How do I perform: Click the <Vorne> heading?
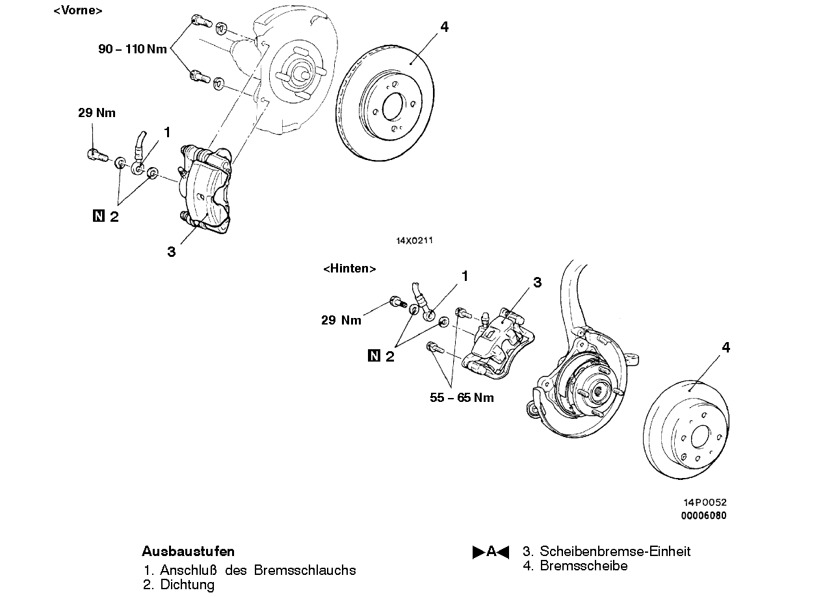(x=77, y=10)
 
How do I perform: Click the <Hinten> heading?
(x=350, y=269)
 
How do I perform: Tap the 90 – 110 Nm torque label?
(x=133, y=49)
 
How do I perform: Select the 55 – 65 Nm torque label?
(x=462, y=397)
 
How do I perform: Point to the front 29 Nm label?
(x=97, y=113)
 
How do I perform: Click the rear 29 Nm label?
(x=341, y=320)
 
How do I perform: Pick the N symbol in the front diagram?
(x=98, y=216)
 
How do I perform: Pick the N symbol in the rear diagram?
(x=374, y=355)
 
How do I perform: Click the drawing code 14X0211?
(x=414, y=241)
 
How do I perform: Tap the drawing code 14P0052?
(x=705, y=503)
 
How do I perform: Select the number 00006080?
(x=703, y=516)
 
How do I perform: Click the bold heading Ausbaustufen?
(x=188, y=551)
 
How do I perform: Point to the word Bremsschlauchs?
(x=306, y=570)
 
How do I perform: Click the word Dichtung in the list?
(x=187, y=585)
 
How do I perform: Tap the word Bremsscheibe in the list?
(x=584, y=566)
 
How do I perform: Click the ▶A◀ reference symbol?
(x=491, y=552)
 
